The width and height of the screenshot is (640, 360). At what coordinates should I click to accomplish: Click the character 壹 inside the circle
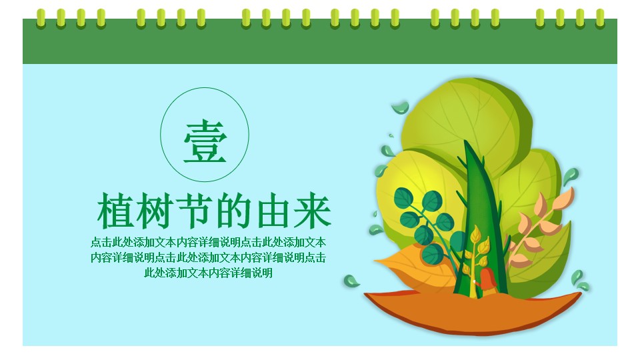205,141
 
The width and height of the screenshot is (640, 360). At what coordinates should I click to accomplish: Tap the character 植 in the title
115,211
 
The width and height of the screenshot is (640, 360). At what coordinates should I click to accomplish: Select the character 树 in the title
155,211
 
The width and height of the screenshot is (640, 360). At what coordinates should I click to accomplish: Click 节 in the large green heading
195,211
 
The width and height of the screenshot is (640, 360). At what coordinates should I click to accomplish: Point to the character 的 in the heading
234,211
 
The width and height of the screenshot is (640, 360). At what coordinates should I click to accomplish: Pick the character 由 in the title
273,211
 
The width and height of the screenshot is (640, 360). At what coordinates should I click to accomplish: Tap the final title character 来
312,211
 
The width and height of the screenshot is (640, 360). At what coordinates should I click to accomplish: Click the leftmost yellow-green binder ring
41,19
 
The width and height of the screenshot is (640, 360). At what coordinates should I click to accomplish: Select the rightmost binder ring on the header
599,19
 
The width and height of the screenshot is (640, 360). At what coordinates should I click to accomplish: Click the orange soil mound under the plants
473,312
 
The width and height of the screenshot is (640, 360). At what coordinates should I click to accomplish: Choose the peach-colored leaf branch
538,229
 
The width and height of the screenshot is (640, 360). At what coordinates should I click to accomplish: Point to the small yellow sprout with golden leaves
475,257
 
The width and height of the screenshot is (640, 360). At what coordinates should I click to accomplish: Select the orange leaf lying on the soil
416,265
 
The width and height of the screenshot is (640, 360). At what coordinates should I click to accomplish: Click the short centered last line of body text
208,273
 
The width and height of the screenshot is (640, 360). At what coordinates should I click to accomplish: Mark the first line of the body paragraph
208,242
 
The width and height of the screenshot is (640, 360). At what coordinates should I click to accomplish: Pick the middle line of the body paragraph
208,257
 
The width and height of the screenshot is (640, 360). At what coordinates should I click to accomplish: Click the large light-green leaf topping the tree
465,123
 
